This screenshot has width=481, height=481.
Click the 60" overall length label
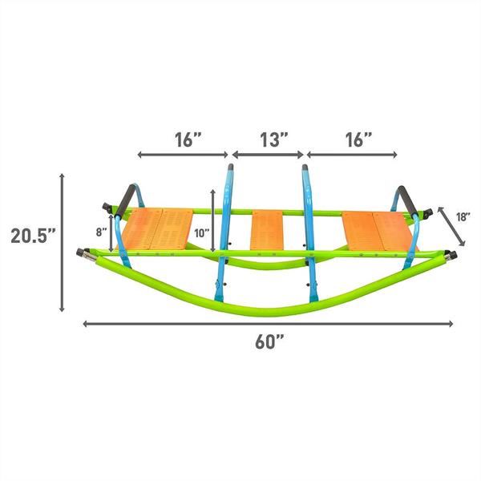coord(269,342)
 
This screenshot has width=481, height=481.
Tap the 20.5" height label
coord(34,236)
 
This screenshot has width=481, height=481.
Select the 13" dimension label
coord(274,139)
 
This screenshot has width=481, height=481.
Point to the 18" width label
coord(463,217)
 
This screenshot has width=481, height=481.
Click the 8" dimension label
coord(102,232)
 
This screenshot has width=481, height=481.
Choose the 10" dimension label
coord(201,233)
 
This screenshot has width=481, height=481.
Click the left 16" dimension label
coord(188,139)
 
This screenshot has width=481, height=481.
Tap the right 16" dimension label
coord(358,139)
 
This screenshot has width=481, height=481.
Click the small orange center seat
coord(267,230)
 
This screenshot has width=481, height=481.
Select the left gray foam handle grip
coord(126,201)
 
